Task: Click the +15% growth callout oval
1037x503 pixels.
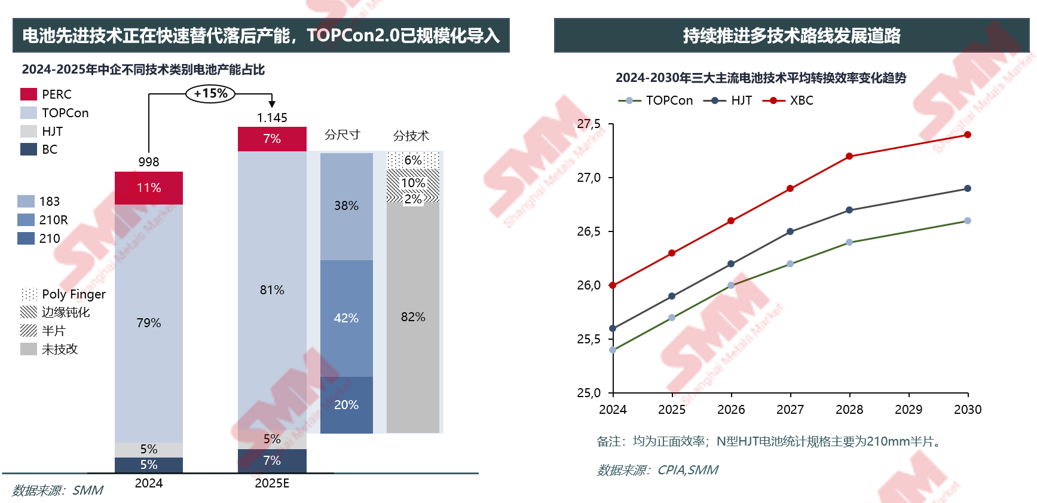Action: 210,93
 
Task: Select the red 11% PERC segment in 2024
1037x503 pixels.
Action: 149,188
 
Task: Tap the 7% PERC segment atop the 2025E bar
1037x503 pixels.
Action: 272,139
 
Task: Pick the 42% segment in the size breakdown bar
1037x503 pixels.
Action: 346,318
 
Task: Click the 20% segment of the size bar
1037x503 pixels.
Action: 346,405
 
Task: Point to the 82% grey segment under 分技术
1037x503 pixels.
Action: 413,317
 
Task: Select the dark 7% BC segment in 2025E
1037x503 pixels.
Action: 272,461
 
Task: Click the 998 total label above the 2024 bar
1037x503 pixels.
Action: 149,162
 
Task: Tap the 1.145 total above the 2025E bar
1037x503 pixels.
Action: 272,118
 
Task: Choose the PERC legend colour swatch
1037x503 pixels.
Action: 29,94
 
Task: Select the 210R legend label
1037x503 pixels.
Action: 54,220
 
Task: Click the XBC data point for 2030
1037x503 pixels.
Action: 968,135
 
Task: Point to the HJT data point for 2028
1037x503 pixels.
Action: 849,210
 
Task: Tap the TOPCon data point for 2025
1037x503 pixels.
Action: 672,318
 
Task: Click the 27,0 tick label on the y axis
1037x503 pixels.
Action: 589,178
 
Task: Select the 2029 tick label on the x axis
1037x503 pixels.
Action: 908,410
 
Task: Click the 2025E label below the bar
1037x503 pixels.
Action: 272,483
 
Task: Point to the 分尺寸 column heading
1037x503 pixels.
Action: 342,135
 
